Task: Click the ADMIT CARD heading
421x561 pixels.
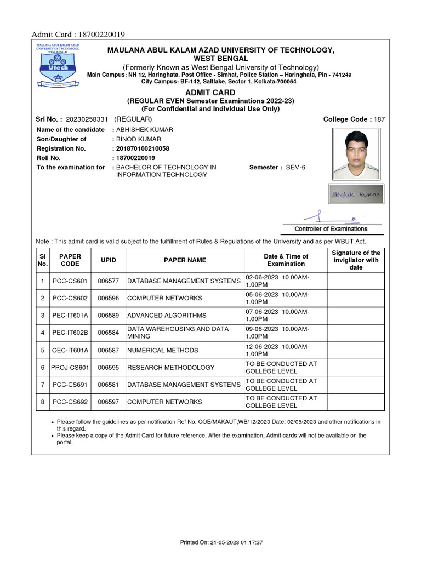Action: [210, 93]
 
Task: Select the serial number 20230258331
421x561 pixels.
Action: [88, 119]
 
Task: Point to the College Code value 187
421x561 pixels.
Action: [379, 119]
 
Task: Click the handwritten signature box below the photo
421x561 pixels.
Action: [357, 194]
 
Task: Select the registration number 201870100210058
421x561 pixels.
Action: [143, 148]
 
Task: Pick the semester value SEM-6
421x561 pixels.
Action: [295, 167]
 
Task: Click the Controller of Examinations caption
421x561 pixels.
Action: [331, 229]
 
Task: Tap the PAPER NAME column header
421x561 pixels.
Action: [185, 260]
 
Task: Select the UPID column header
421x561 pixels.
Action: [108, 260]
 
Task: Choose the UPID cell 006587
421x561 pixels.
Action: [108, 350]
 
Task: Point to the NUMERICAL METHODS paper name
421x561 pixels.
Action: [163, 350]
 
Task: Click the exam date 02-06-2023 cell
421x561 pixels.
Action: [285, 281]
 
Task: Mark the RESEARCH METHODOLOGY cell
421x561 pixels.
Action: [170, 368]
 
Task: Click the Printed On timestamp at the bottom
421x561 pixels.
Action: [222, 542]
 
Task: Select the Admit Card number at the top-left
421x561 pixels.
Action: [78, 35]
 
